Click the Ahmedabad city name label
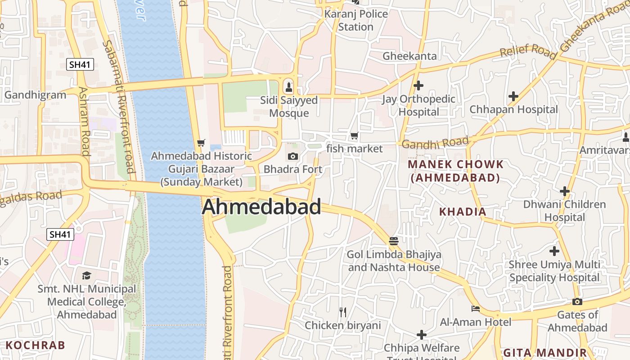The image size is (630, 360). coord(261,207)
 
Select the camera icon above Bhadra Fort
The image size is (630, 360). coord(293,156)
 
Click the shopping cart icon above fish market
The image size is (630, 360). coord(355,135)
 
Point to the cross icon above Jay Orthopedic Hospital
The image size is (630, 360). coord(418,85)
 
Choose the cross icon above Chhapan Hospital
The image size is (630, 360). coord(513,96)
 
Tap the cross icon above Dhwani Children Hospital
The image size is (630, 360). coord(564,191)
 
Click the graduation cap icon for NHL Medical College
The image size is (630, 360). coord(86,275)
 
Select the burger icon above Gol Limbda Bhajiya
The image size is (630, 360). coord(394,241)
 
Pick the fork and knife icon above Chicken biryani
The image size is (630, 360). coord(343,312)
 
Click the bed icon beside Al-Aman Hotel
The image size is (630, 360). coord(475,309)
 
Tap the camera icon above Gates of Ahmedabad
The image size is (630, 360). coord(577,301)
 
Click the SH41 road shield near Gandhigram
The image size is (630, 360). coord(81,64)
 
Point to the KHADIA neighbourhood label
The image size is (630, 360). coord(463,211)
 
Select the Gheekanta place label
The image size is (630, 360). coord(409,56)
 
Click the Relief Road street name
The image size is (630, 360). coord(527,50)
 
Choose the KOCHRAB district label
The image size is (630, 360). coord(36,346)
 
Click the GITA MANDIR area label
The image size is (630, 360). coord(544,352)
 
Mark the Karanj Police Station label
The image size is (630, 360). coord(356,20)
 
